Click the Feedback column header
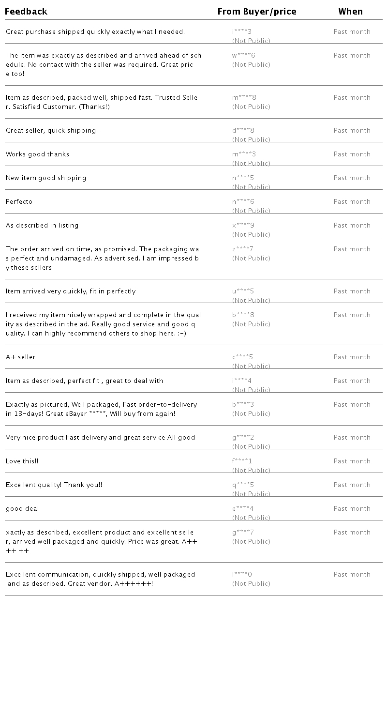26,12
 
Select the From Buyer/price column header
257,12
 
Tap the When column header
351,12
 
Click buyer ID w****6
243,56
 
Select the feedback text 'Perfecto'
19,202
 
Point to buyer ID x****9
243,226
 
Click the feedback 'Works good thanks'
38,154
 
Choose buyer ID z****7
243,249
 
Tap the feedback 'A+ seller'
21,357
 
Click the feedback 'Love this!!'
22,461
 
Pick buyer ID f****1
242,461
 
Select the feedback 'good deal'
22,509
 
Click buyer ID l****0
242,575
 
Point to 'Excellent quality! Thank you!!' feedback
54,485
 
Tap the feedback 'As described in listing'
42,226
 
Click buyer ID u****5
243,291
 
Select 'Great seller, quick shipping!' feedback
52,131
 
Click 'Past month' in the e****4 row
352,509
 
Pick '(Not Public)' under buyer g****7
251,542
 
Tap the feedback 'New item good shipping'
46,178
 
